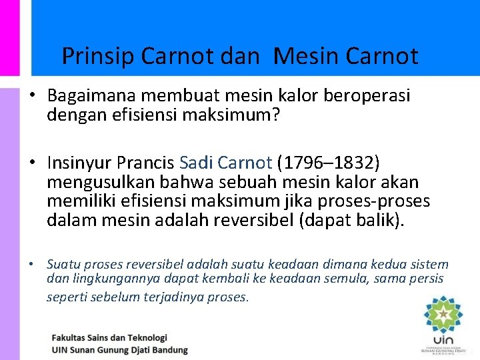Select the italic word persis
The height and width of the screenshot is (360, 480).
point(425,279)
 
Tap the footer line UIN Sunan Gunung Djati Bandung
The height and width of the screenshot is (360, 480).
point(120,349)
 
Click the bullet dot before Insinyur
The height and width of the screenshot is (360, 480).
point(32,163)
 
